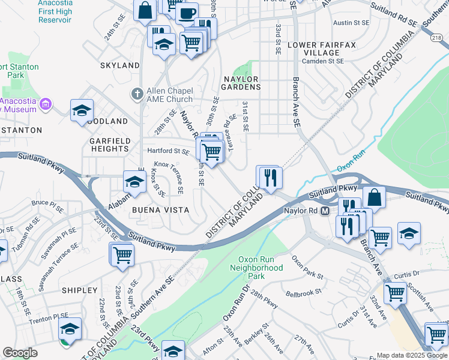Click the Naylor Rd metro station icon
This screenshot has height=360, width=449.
325,211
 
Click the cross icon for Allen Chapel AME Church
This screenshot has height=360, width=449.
137,94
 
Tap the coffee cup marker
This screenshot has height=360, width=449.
187,13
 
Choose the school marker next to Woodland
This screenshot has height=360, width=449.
82,110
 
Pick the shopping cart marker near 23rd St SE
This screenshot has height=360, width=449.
122,254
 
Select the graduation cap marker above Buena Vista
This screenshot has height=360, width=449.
134,182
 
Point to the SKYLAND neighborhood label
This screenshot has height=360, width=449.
120,65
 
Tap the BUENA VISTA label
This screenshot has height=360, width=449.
160,211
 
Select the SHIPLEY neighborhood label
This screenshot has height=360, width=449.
79,290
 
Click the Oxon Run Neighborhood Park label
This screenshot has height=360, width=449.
257,268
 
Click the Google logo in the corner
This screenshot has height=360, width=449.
20,353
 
